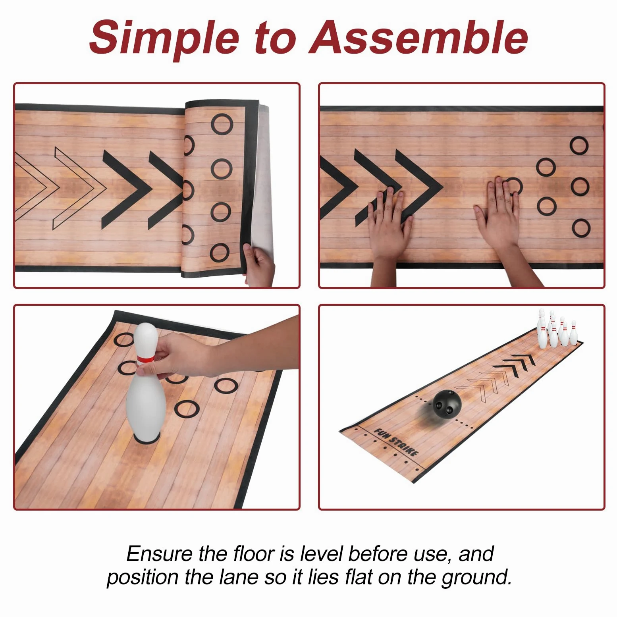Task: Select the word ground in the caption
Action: click(x=476, y=578)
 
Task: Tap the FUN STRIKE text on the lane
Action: click(x=396, y=442)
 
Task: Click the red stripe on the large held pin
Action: click(x=146, y=359)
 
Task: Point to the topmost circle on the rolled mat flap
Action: click(x=222, y=124)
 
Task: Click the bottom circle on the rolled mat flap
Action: click(x=220, y=253)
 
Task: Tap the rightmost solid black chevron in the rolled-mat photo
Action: click(x=166, y=190)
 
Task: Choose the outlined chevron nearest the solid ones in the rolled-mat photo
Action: click(x=79, y=188)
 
